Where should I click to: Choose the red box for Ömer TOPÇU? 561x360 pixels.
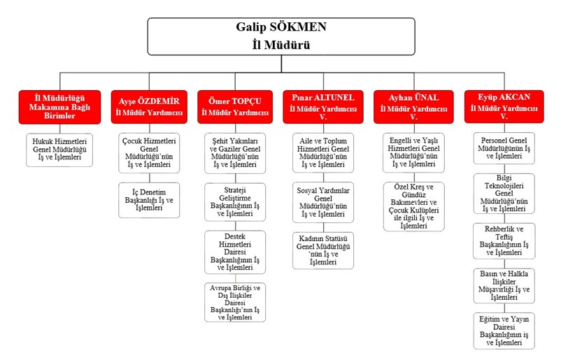235,106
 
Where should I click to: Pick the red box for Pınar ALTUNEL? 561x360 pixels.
323,106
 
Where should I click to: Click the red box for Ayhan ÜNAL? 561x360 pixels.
413,106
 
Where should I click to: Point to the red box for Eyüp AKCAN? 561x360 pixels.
504,106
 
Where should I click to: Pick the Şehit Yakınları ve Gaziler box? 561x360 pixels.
235,153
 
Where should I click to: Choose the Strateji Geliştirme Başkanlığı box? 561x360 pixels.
235,203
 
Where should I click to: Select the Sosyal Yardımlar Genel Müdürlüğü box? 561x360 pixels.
323,203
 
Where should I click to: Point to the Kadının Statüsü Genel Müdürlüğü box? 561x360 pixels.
323,250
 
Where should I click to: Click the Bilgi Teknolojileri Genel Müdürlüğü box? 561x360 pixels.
504,194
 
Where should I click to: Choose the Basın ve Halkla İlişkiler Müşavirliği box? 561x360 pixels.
504,285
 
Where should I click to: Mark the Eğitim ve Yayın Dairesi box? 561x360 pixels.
504,331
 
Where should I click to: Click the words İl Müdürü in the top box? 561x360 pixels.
280,44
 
